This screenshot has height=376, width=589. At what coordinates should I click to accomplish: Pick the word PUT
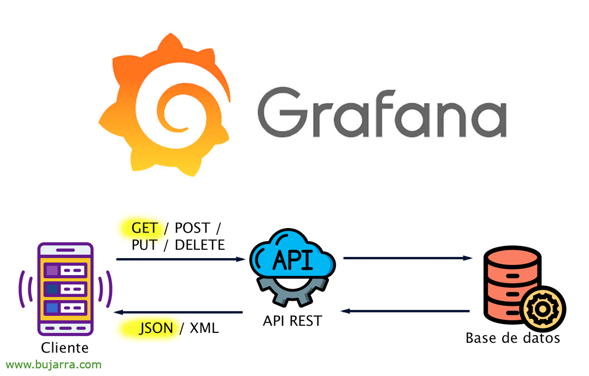coord(144,245)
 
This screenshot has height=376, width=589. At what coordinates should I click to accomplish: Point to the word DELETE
coord(200,245)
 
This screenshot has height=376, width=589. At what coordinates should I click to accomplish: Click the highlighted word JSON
coord(156,328)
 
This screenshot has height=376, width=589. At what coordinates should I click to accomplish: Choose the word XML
coord(204,328)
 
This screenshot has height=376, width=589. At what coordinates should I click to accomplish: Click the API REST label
coord(292,321)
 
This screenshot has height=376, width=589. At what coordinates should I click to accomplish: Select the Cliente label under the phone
coord(65,348)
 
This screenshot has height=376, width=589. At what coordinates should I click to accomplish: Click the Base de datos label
coord(513,338)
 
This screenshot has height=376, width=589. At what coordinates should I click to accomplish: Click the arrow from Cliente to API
coord(180,259)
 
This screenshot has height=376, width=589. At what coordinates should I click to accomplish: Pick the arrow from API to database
coord(408,258)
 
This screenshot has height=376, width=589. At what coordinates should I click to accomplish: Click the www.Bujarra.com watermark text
coord(54,365)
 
